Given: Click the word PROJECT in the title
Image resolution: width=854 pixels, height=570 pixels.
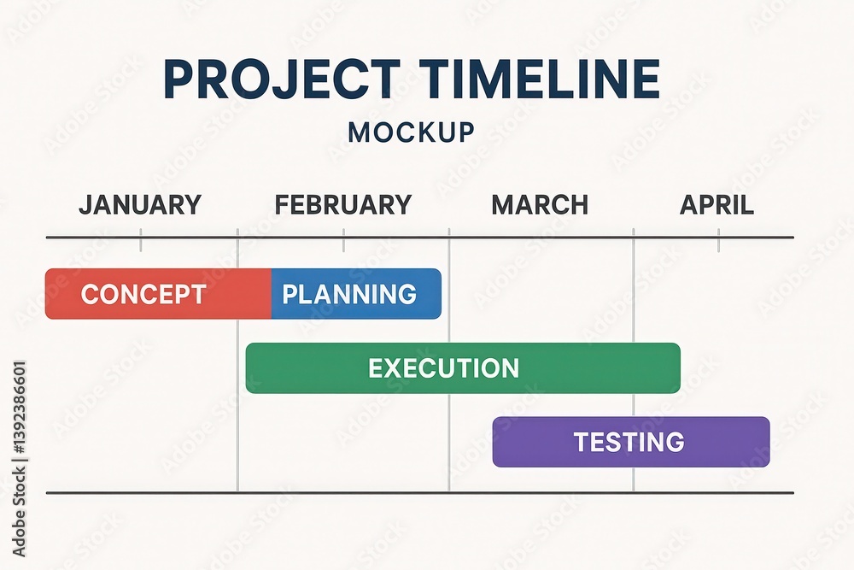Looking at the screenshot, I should (x=278, y=79).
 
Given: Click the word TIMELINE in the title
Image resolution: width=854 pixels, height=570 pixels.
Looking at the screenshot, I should (x=535, y=79).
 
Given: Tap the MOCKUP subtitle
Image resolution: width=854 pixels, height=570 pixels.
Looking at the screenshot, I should (x=411, y=132).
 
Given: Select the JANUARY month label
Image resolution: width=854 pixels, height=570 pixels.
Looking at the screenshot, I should (x=140, y=205).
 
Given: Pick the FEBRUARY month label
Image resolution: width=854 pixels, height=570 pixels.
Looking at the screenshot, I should (x=343, y=205).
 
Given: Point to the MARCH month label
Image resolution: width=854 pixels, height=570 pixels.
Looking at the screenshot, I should (x=540, y=205).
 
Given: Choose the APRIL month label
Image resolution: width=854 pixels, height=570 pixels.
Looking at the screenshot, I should (x=717, y=205).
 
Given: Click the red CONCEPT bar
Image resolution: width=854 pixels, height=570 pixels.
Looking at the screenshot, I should (x=158, y=294).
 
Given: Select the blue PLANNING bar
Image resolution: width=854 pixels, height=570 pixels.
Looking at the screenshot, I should (x=356, y=294).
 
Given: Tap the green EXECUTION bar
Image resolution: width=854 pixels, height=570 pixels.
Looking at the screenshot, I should (x=463, y=368).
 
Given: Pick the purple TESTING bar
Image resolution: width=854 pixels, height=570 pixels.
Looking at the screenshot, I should (x=631, y=442).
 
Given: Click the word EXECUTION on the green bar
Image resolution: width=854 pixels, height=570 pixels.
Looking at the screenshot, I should (x=443, y=368).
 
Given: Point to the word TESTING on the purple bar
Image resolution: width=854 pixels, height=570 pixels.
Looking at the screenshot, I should (x=629, y=442).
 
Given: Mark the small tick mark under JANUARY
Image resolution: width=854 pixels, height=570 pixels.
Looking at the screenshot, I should (x=141, y=243).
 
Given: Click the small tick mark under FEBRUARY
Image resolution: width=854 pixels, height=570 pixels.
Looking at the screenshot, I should (x=343, y=243).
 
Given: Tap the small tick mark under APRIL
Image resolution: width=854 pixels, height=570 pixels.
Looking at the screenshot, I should (x=718, y=243).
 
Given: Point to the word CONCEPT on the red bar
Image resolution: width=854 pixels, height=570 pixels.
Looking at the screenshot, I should (x=143, y=294).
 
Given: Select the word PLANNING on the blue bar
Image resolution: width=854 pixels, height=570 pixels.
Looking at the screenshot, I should (x=349, y=294).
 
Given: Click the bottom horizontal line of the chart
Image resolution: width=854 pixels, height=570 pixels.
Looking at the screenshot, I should (x=419, y=493).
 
